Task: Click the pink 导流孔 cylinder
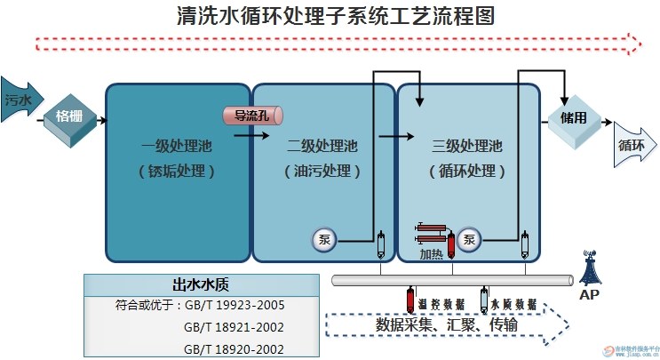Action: click(251, 116)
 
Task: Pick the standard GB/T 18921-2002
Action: click(235, 327)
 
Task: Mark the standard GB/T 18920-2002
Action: click(235, 348)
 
